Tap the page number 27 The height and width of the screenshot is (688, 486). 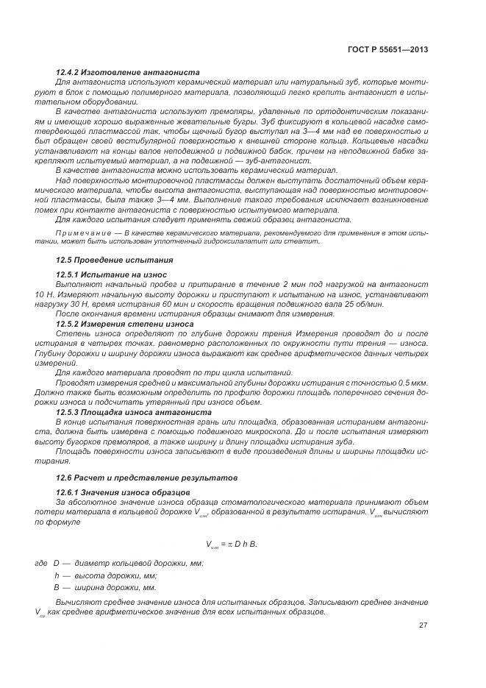pos(423,625)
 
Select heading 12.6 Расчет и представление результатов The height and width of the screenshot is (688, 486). pos(136,478)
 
